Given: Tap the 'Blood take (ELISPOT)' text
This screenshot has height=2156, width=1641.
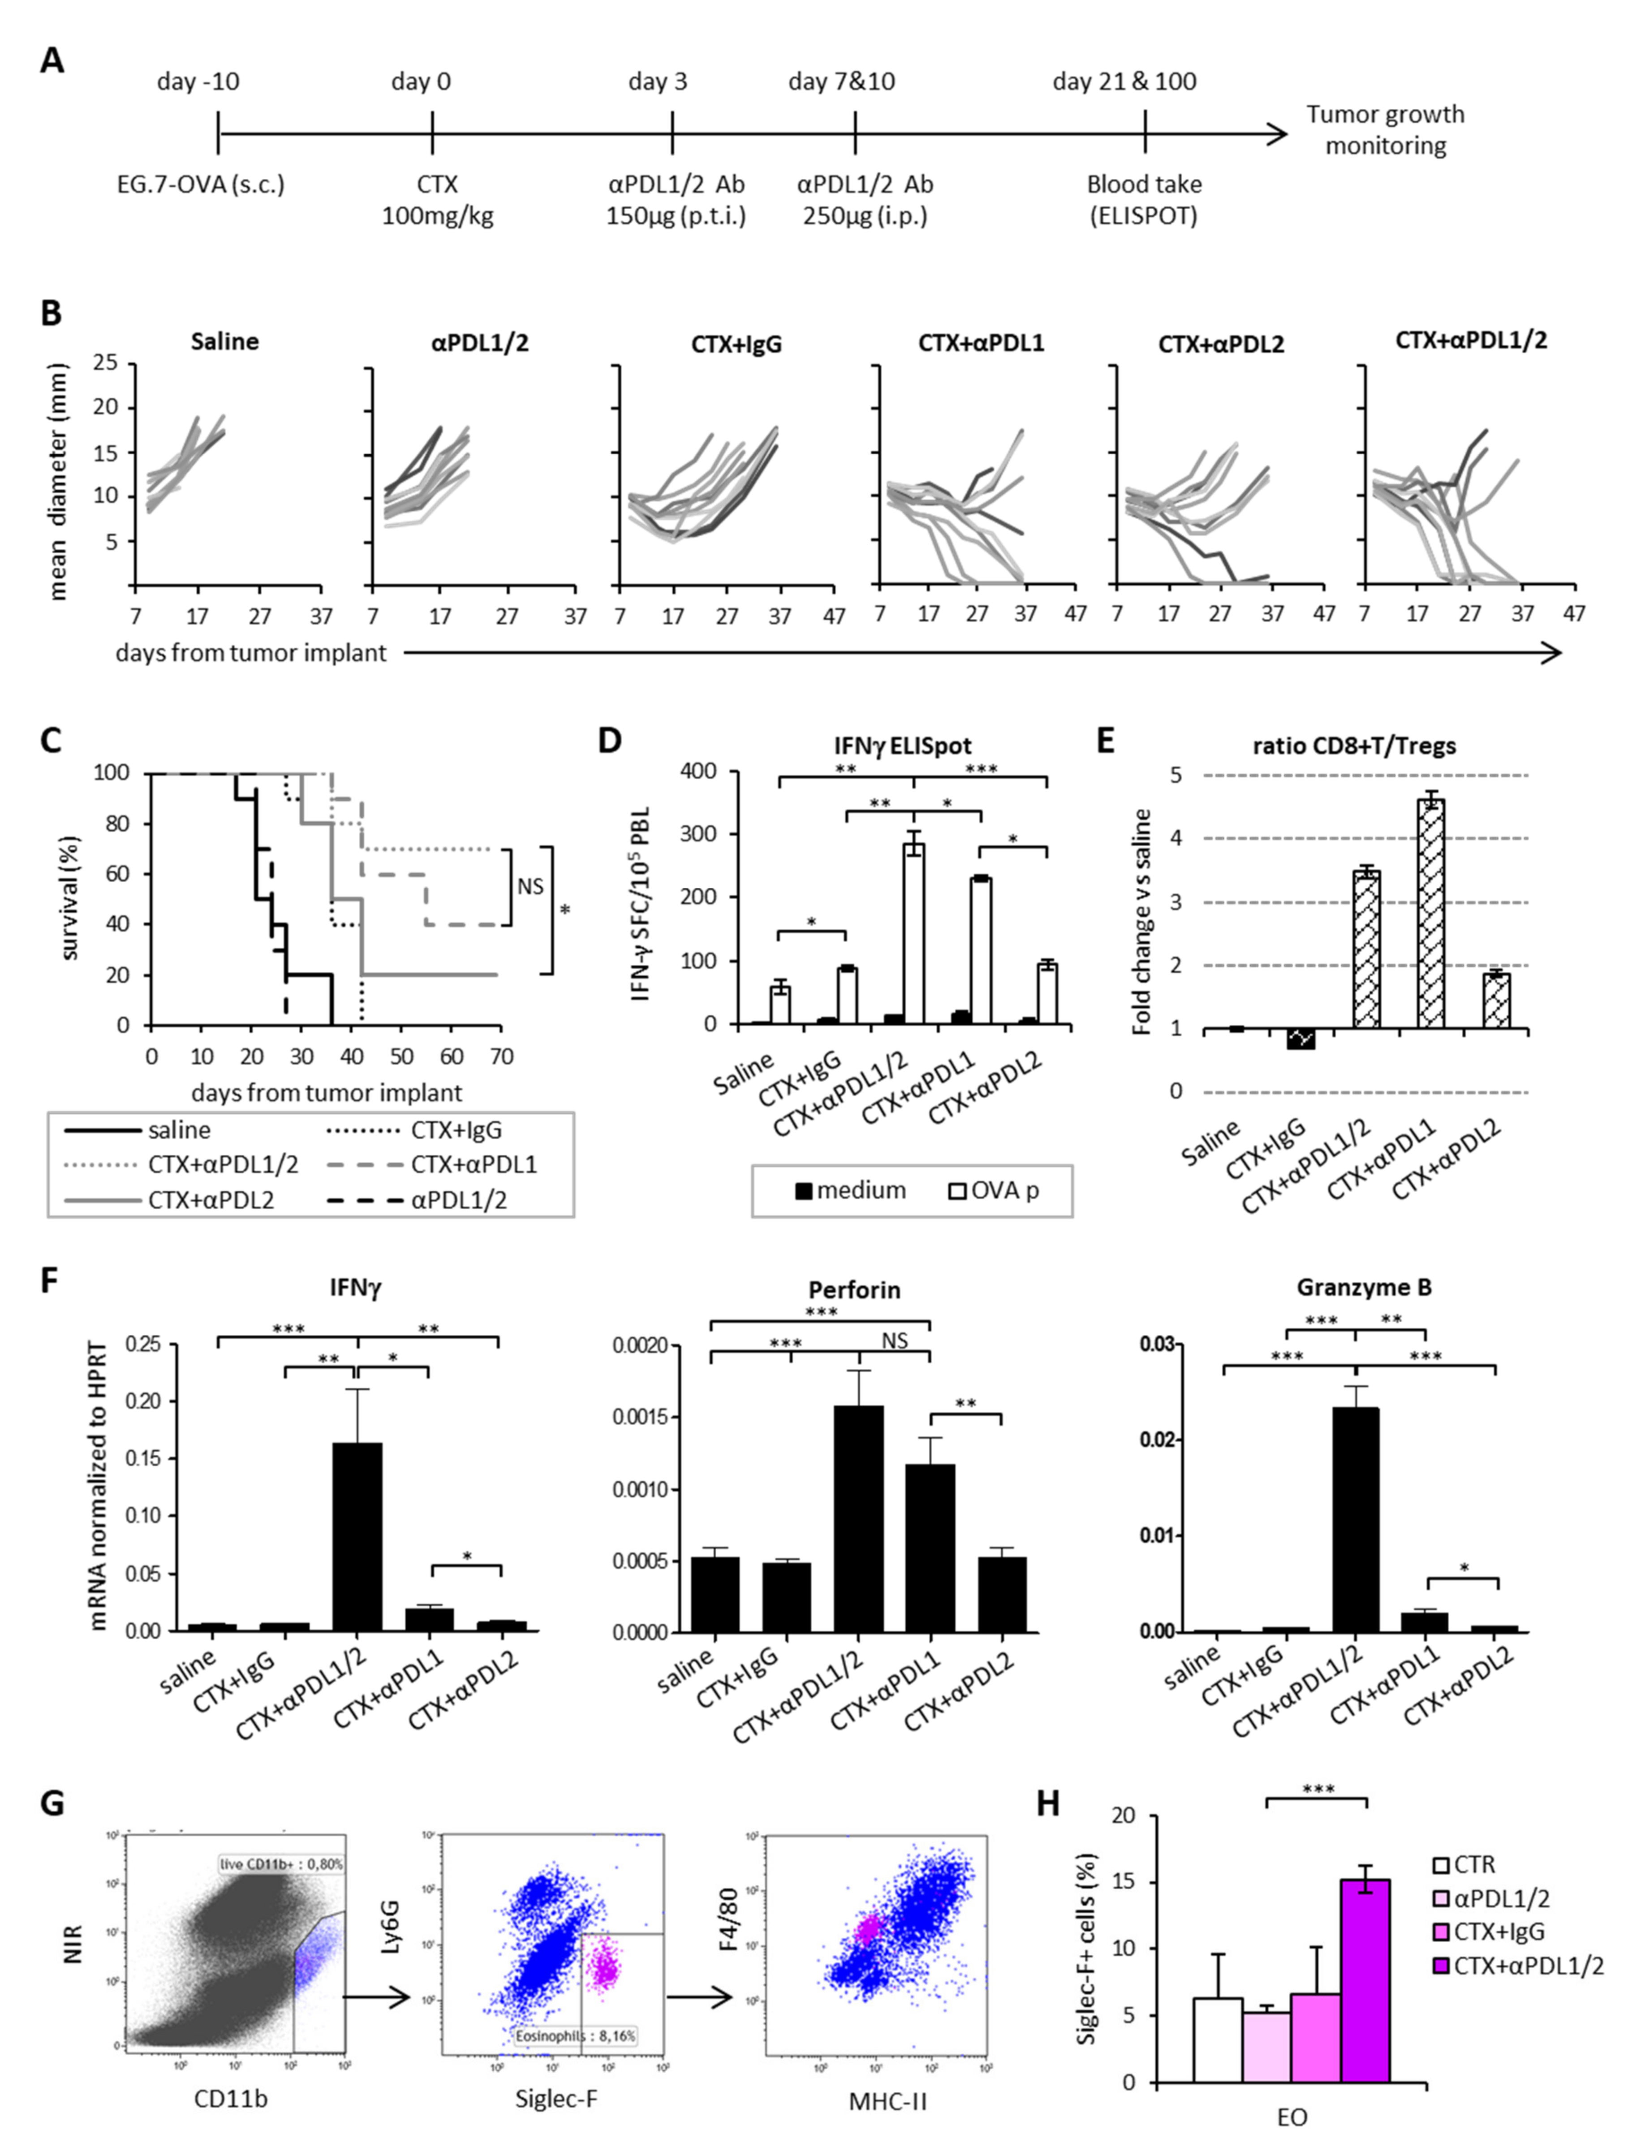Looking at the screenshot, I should (1144, 199).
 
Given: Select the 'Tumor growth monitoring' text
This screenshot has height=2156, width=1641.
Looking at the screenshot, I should (1385, 130).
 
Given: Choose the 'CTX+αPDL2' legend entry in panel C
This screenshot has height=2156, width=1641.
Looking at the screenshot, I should (210, 1199).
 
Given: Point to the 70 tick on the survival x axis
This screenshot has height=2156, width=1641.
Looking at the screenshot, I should (501, 1056).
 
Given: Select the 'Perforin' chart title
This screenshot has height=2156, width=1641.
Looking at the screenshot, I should (854, 1289).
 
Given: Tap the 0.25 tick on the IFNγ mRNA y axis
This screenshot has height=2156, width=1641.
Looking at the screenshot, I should (144, 1345).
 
